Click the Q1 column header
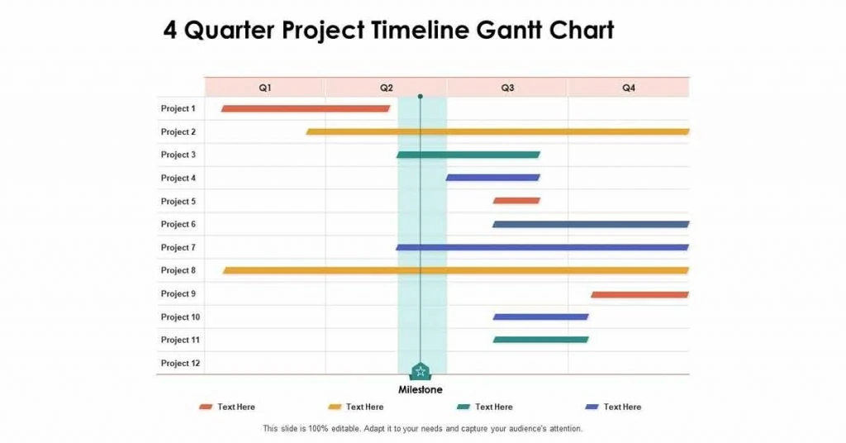[x=265, y=88]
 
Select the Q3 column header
[x=507, y=88]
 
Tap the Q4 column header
[x=629, y=88]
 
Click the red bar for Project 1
[x=306, y=108]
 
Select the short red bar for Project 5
[x=516, y=201]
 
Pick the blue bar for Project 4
[x=492, y=178]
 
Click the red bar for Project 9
[x=640, y=294]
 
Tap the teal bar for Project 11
[x=540, y=340]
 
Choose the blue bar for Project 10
[x=540, y=317]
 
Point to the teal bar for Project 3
[x=468, y=155]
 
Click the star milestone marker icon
[x=421, y=371]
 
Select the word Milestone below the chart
[x=421, y=389]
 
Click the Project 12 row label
[x=180, y=363]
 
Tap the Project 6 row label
[x=178, y=224]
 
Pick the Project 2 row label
[x=178, y=131]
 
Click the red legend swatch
[x=206, y=407]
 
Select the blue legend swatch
[x=592, y=407]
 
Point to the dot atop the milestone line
[x=421, y=96]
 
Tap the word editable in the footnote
[x=344, y=428]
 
